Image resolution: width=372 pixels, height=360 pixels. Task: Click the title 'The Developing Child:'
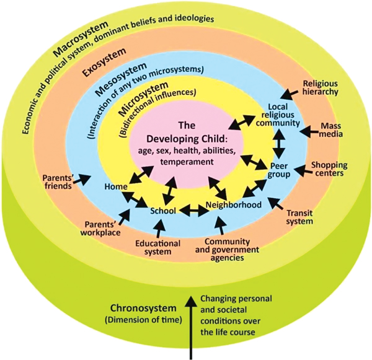pyautogui.click(x=184, y=130)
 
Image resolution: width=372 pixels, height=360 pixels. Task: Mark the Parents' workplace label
pyautogui.click(x=102, y=229)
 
